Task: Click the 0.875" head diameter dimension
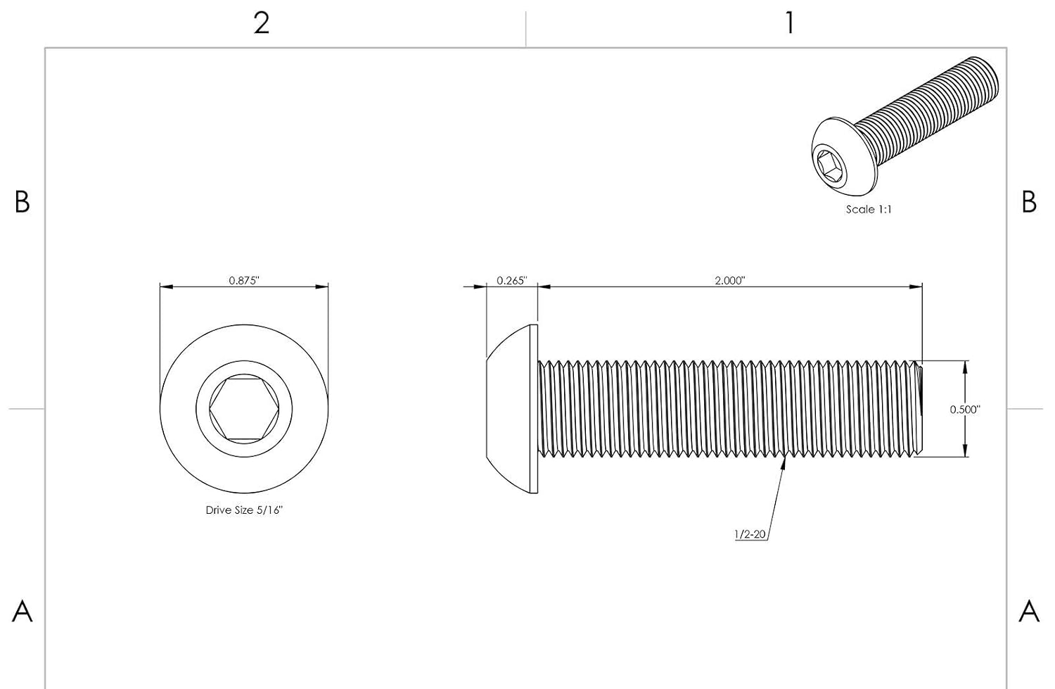coord(244,280)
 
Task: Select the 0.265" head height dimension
coord(511,280)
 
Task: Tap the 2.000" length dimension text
coord(730,280)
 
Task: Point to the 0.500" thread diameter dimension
coord(965,410)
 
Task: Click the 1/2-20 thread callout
coord(750,534)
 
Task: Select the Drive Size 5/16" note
coord(244,510)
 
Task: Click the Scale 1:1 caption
coord(869,209)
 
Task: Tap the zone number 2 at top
coord(262,23)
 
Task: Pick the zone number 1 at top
coord(791,23)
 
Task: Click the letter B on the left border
coord(22,202)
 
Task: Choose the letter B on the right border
coord(1029,202)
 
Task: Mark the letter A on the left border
coord(22,612)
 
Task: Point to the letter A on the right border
coord(1029,612)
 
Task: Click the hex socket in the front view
coord(244,409)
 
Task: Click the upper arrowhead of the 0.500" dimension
coord(965,367)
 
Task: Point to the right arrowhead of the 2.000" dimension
coord(916,286)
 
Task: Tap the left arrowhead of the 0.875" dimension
coord(167,286)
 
